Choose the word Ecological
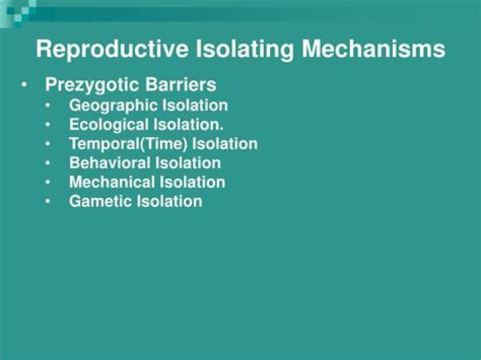[109, 125]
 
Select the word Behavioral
[110, 162]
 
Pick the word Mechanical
[112, 182]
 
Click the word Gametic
[100, 201]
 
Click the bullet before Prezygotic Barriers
[25, 85]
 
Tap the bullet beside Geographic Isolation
[49, 106]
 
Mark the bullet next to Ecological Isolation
[49, 125]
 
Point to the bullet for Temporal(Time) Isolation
[49, 144]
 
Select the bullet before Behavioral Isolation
[49, 163]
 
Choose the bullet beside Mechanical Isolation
[49, 182]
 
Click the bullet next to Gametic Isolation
[49, 201]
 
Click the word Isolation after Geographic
[194, 106]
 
